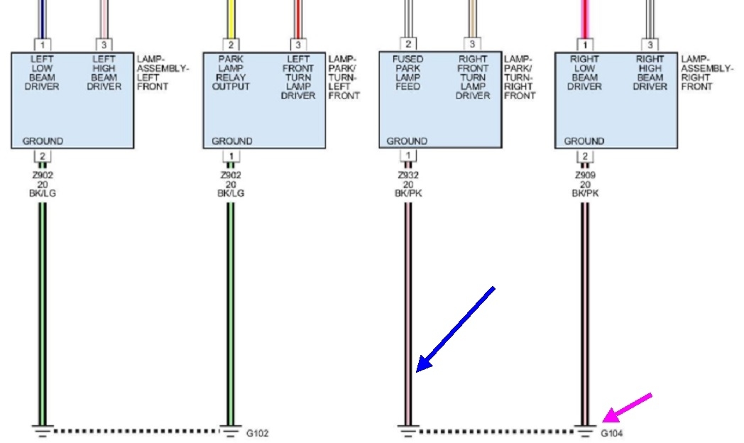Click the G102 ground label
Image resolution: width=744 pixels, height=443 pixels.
click(x=258, y=433)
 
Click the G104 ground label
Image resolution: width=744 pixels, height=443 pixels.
click(x=612, y=433)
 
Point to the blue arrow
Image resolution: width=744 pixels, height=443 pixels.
click(x=454, y=328)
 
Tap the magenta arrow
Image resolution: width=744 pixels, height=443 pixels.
click(x=626, y=407)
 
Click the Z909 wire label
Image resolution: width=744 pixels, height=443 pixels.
click(x=584, y=175)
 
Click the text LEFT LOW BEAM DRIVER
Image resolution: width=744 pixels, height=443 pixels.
click(x=42, y=73)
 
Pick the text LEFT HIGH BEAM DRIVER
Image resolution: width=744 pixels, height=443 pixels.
click(x=104, y=73)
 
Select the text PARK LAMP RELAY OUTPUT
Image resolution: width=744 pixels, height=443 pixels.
click(x=231, y=73)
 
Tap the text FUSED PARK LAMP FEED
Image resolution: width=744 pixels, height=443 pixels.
click(x=408, y=73)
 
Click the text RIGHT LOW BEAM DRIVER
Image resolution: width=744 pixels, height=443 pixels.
click(x=584, y=73)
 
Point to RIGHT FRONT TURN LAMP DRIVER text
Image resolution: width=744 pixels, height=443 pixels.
click(x=473, y=77)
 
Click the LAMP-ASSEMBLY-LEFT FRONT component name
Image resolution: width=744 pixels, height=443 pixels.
click(x=163, y=73)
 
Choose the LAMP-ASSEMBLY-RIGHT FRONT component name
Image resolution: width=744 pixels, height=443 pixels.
click(x=706, y=73)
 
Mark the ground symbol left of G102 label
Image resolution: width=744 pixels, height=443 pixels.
click(x=231, y=430)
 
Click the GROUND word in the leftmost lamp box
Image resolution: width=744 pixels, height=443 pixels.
click(x=43, y=141)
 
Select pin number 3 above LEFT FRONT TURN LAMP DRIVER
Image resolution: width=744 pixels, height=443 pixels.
click(x=297, y=45)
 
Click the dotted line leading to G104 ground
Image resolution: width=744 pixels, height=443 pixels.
click(x=497, y=431)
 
